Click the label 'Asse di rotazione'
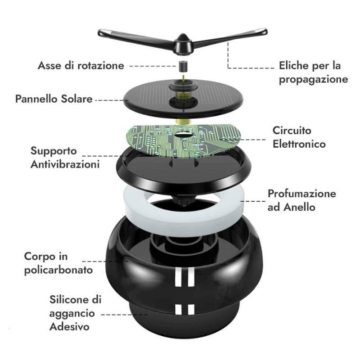click(81, 65)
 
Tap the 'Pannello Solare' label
click(54, 99)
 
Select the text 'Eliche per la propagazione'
click(313, 72)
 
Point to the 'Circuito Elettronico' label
click(299, 137)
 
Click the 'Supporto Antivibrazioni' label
click(65, 158)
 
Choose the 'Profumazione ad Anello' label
click(302, 200)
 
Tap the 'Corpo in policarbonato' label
click(58, 263)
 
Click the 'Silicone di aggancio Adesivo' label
click(75, 313)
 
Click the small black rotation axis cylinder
click(183, 66)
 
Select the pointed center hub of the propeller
click(183, 44)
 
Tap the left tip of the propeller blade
click(99, 32)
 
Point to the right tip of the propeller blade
click(265, 32)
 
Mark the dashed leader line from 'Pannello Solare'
click(112, 100)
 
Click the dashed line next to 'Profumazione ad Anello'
click(253, 201)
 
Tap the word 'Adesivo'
click(69, 327)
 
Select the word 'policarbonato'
click(58, 270)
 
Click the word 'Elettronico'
click(299, 144)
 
